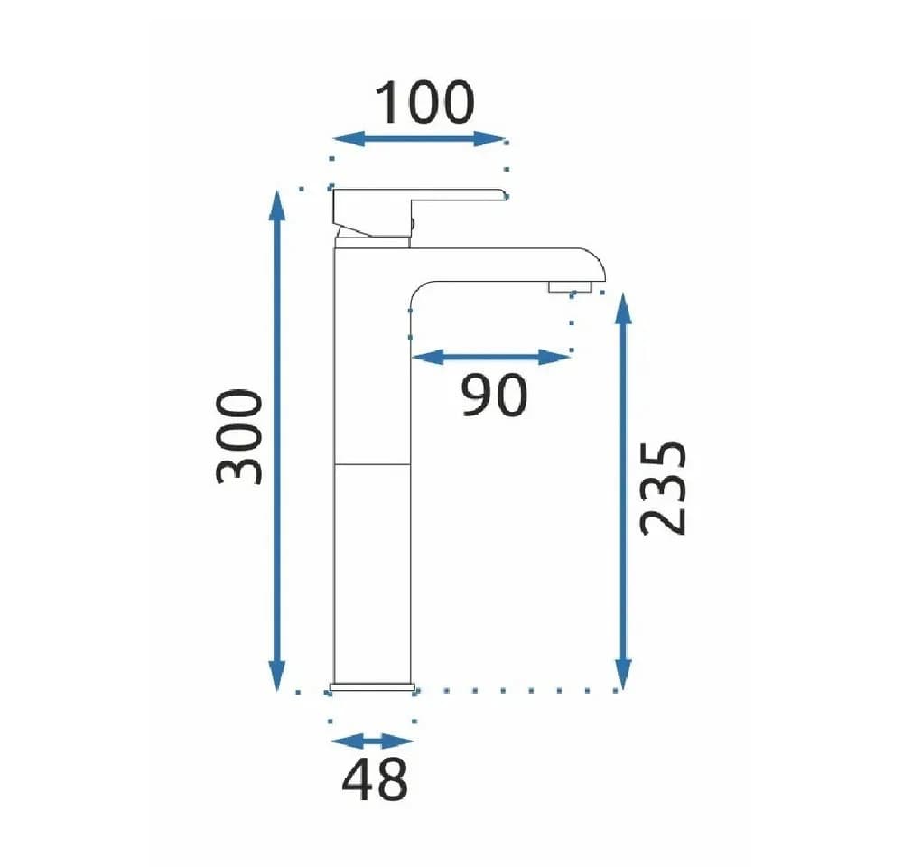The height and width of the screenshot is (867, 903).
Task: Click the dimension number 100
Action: click(x=424, y=103)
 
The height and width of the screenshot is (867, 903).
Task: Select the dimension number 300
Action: click(x=239, y=437)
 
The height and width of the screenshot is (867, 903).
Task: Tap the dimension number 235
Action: click(x=663, y=489)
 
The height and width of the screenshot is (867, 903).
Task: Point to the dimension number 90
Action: click(x=495, y=395)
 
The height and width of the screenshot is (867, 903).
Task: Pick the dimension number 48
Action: click(x=375, y=779)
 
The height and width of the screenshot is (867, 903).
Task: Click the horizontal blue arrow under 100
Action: click(x=419, y=139)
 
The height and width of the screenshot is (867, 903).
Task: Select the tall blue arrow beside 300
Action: click(x=277, y=441)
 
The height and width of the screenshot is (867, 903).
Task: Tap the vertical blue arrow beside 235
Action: click(x=623, y=491)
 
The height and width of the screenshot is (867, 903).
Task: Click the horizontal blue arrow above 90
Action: click(x=491, y=357)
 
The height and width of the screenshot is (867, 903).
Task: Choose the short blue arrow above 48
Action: click(x=373, y=741)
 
